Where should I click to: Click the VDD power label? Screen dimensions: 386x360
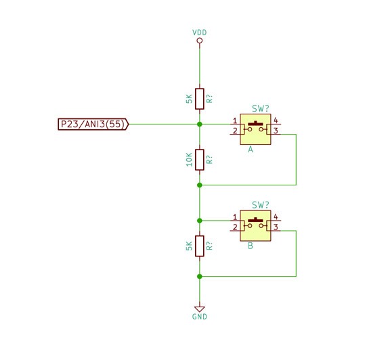199,32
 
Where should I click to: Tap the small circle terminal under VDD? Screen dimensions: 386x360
200,41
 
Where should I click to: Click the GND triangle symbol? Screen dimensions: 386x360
200,309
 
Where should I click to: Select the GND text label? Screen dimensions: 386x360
199,317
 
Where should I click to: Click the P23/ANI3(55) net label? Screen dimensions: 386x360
93,124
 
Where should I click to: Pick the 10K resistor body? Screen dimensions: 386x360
200,160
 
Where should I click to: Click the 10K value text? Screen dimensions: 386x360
189,160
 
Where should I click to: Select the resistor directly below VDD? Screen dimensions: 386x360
200,99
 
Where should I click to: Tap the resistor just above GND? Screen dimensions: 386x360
200,246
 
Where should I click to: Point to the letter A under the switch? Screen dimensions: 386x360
251,150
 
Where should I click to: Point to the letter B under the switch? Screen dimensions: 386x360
251,246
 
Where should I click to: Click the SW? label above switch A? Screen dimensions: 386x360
261,108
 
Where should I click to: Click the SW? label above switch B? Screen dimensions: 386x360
261,205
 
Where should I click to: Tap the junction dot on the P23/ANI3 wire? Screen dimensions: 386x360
200,125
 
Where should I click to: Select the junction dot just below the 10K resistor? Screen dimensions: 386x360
200,185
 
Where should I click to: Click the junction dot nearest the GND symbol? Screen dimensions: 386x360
200,277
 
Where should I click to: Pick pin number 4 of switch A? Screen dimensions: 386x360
276,120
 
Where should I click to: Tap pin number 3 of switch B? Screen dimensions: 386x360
276,227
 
